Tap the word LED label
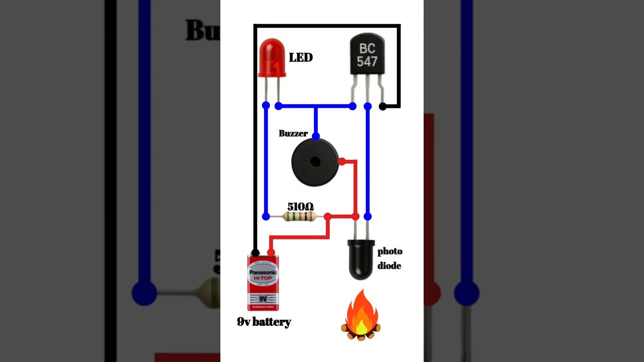(x=300, y=58)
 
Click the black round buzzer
(x=315, y=162)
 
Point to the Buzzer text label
(x=293, y=134)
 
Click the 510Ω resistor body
(x=300, y=217)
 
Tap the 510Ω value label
(x=300, y=207)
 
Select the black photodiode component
(x=361, y=259)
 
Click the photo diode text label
(x=390, y=258)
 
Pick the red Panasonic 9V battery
(x=263, y=283)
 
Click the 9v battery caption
(x=264, y=322)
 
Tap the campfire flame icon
(x=361, y=315)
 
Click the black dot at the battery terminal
(x=256, y=252)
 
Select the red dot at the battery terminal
(x=271, y=252)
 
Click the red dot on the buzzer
(x=342, y=161)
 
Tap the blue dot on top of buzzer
(x=315, y=136)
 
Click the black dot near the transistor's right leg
(x=383, y=106)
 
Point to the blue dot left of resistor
(x=266, y=217)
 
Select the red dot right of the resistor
(x=328, y=217)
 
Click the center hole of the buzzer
(x=315, y=162)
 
